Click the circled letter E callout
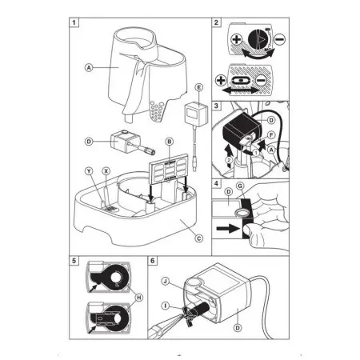(x=198, y=87)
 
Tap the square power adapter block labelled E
(x=196, y=114)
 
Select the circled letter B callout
(x=170, y=142)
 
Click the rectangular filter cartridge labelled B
(x=169, y=170)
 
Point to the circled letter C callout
(x=199, y=238)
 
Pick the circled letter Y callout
(x=90, y=171)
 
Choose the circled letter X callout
(x=106, y=171)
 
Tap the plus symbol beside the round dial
(x=236, y=39)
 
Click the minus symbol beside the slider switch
(x=262, y=80)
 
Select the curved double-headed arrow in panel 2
(x=258, y=54)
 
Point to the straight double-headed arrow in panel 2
(x=240, y=91)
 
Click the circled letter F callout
(x=271, y=135)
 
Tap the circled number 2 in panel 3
(x=230, y=160)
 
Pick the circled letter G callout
(x=240, y=186)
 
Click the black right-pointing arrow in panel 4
(x=226, y=228)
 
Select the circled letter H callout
(x=139, y=298)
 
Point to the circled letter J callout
(x=166, y=281)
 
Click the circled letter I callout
(x=166, y=306)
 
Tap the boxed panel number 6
(x=153, y=261)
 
